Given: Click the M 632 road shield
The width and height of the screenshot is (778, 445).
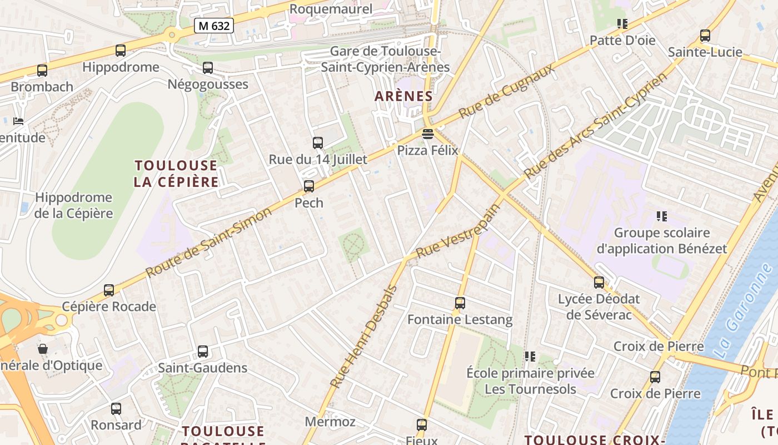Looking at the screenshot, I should (x=214, y=25).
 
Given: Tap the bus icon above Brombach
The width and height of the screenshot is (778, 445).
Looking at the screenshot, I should (x=42, y=71).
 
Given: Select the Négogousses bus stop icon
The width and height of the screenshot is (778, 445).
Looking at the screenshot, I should (x=208, y=68).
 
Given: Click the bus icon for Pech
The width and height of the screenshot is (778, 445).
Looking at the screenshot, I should (x=309, y=186).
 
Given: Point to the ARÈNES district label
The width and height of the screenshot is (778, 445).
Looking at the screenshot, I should (x=403, y=96).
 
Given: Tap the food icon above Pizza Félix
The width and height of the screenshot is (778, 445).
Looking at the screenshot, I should (x=427, y=133).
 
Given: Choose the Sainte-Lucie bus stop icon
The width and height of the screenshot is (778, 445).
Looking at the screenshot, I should (x=705, y=36).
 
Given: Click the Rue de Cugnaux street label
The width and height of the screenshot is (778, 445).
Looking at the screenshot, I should (x=506, y=91).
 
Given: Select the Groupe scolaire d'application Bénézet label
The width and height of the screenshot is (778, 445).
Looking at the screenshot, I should (x=661, y=240).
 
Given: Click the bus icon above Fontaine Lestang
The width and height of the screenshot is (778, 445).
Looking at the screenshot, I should (x=460, y=303).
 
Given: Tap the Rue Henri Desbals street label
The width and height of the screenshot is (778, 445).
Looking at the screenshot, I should (x=364, y=337).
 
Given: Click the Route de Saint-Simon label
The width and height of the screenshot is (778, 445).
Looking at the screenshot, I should (x=209, y=242).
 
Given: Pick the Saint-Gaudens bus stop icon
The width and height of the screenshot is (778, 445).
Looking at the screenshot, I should (x=203, y=352).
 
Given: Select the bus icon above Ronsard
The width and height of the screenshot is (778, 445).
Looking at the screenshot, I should (x=116, y=409).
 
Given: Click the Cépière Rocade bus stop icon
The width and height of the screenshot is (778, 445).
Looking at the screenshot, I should (x=109, y=290).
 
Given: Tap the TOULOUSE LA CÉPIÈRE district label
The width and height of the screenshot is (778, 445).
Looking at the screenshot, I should (x=176, y=174).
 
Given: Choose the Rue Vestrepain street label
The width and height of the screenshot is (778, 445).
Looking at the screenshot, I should (x=458, y=231).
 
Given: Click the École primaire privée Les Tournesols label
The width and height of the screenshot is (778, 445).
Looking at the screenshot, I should (x=530, y=380).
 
